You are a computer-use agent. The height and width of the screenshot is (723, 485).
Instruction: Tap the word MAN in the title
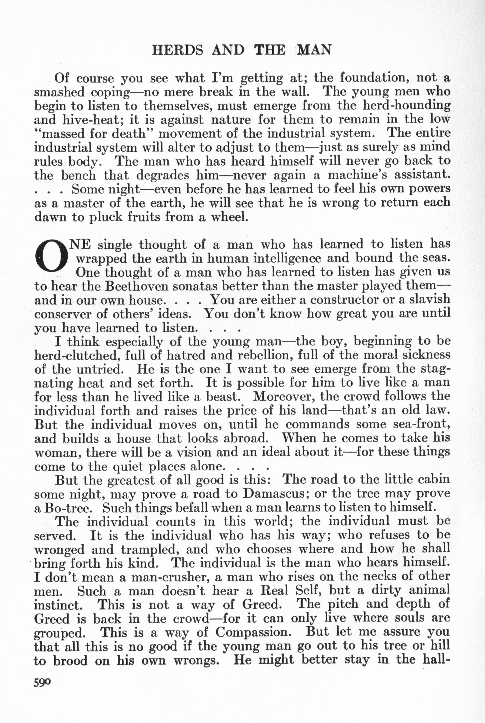[314, 49]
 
